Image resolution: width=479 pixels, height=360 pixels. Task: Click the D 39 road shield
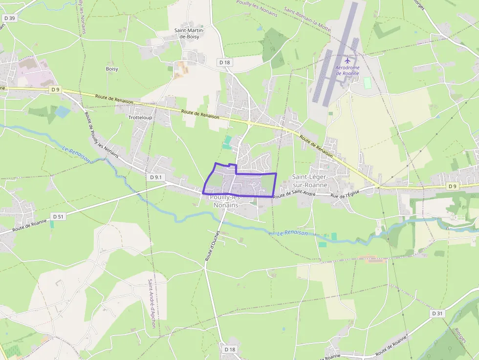[x=9, y=18]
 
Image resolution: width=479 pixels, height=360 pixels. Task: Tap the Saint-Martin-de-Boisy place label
[x=190, y=33]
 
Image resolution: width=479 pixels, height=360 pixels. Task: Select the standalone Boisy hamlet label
[x=112, y=69]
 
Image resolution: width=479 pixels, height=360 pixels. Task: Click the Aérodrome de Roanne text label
[x=348, y=70]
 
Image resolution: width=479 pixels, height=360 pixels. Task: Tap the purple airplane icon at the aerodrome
[x=348, y=61]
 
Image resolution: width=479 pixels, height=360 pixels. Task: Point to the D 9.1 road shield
[x=155, y=177]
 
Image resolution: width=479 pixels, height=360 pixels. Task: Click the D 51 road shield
[x=58, y=216]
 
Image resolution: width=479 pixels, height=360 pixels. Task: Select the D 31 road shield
[x=437, y=313]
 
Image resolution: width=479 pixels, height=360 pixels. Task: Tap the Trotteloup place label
[x=140, y=118]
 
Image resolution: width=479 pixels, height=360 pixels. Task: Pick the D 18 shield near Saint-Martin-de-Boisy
[x=224, y=62]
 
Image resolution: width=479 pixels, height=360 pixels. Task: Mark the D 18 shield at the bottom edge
[x=230, y=349]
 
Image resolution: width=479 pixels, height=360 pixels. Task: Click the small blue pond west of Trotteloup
[x=63, y=111]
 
